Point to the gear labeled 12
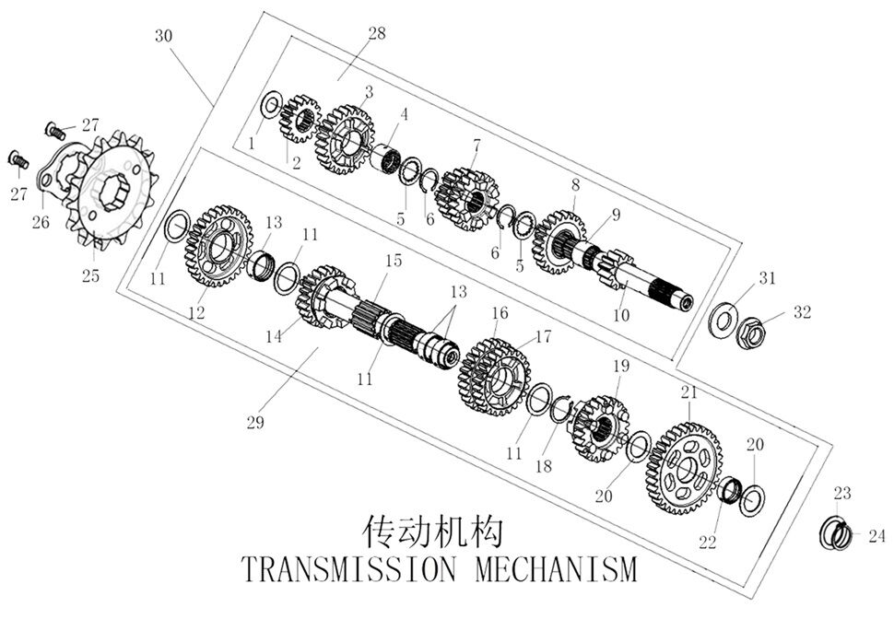point(218,245)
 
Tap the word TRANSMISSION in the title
point(347,567)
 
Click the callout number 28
point(377,34)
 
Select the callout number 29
point(255,422)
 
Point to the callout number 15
point(394,261)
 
